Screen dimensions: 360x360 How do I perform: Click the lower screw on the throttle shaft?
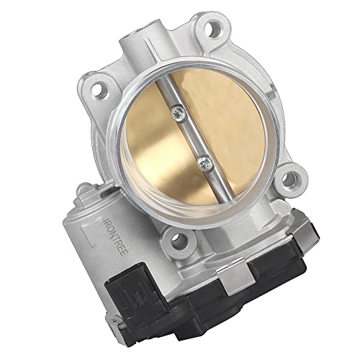point(204,164)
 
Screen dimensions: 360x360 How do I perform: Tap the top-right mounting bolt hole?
point(213,29)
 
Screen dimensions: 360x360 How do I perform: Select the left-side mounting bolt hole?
point(99,89)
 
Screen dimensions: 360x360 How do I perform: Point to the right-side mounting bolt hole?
point(290,179)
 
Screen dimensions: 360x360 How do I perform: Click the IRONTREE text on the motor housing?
point(117,237)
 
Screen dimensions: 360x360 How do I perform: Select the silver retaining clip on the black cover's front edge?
point(237,279)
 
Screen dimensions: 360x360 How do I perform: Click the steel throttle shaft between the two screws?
point(192,138)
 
